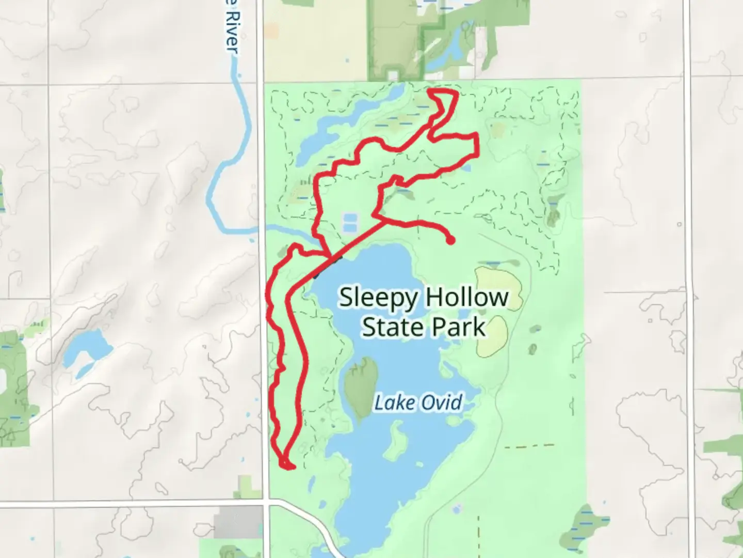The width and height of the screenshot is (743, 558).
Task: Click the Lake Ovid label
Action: pyautogui.click(x=418, y=402)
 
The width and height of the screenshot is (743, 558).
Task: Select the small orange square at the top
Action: pyautogui.click(x=272, y=31)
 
